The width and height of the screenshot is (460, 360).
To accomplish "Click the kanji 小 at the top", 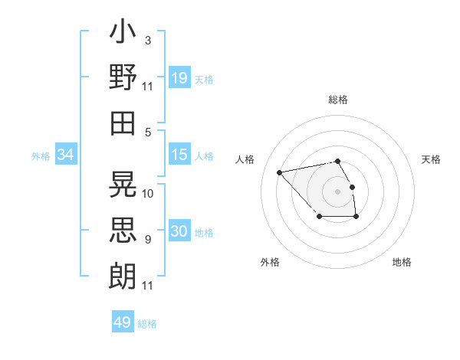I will (x=123, y=35).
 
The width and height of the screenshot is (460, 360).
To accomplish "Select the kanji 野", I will (x=123, y=78).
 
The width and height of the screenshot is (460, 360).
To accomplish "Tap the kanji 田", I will (x=123, y=123).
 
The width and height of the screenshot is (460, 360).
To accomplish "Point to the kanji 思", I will (x=123, y=229).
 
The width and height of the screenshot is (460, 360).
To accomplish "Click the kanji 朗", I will (x=123, y=273).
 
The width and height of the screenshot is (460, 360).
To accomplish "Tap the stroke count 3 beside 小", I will (x=147, y=39).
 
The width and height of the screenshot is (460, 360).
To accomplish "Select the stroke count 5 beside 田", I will (x=147, y=132).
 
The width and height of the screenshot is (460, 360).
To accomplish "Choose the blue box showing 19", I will (x=179, y=77).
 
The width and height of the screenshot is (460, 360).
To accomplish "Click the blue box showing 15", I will (x=179, y=155).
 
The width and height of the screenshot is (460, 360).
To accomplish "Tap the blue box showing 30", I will (x=179, y=232).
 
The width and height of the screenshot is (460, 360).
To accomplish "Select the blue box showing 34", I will (x=65, y=155).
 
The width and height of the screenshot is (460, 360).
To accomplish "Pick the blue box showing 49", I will (x=123, y=322).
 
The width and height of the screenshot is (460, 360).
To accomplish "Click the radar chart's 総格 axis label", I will (x=338, y=100).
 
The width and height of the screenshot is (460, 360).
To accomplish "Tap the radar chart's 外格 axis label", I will (x=270, y=262).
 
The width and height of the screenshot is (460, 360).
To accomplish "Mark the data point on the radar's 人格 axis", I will (x=280, y=172).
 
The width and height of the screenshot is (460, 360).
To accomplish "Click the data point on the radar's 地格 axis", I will (x=356, y=217).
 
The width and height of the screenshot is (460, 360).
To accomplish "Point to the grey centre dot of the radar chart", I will (x=338, y=191).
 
